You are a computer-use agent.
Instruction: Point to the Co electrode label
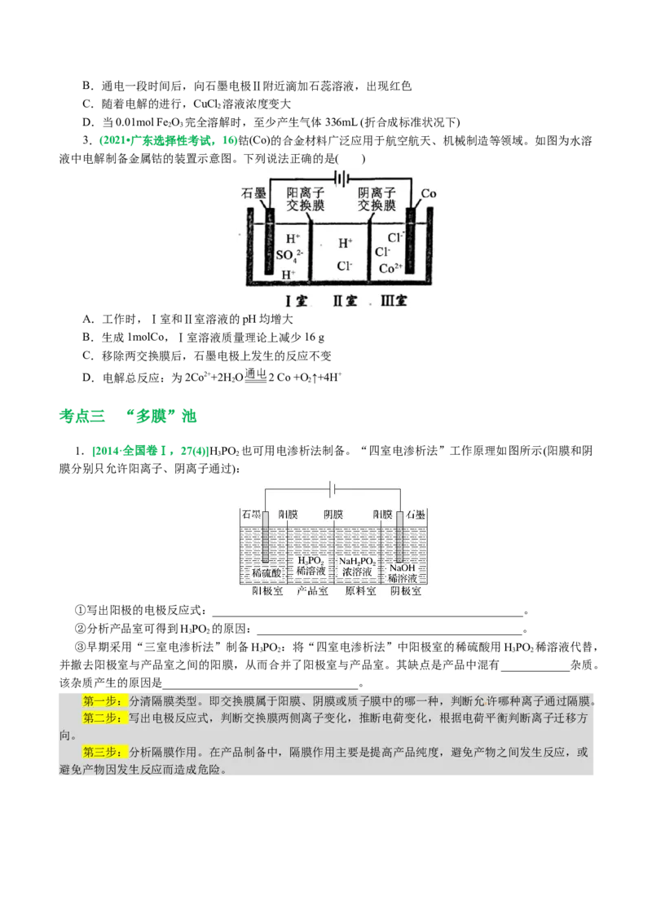coord(429,195)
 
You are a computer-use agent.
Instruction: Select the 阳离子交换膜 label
coord(306,200)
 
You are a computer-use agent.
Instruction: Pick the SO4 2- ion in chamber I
coord(289,256)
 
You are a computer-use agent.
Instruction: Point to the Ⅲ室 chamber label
coord(394,301)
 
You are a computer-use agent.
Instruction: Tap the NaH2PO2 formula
coord(356,561)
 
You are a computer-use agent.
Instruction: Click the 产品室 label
coord(311,591)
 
